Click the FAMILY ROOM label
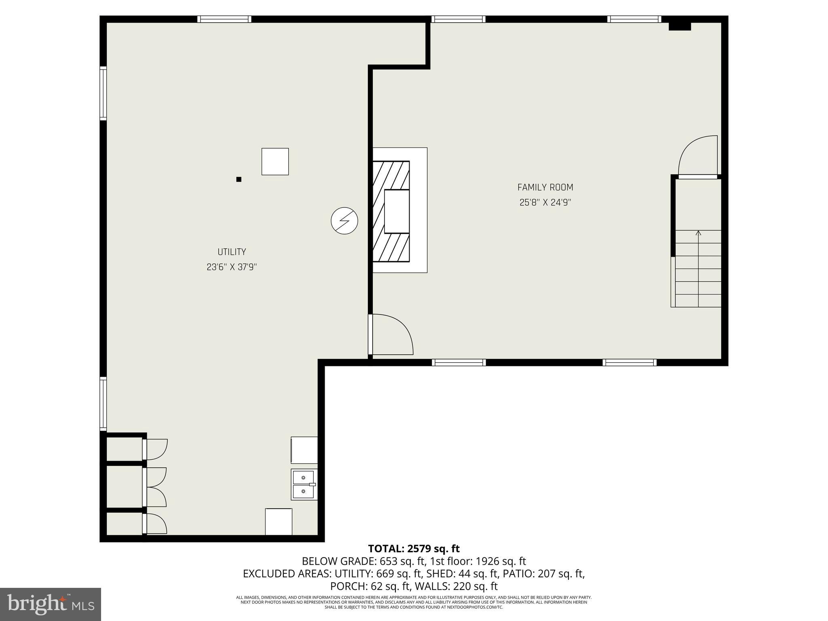tap(545, 187)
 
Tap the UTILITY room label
tap(232, 252)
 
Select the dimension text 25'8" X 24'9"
tap(545, 202)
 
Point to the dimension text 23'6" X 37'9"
tap(232, 267)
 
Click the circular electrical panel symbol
tap(344, 221)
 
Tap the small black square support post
tap(239, 179)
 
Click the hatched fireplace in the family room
tap(391, 211)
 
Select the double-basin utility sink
tap(304, 484)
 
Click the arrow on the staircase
tap(698, 233)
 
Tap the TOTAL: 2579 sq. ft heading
tap(414, 549)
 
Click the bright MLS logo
tap(50, 604)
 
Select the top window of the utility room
tap(224, 19)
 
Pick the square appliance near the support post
tap(275, 161)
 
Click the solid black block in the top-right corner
tap(680, 26)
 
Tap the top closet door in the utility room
tap(155, 449)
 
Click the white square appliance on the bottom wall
tap(279, 522)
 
